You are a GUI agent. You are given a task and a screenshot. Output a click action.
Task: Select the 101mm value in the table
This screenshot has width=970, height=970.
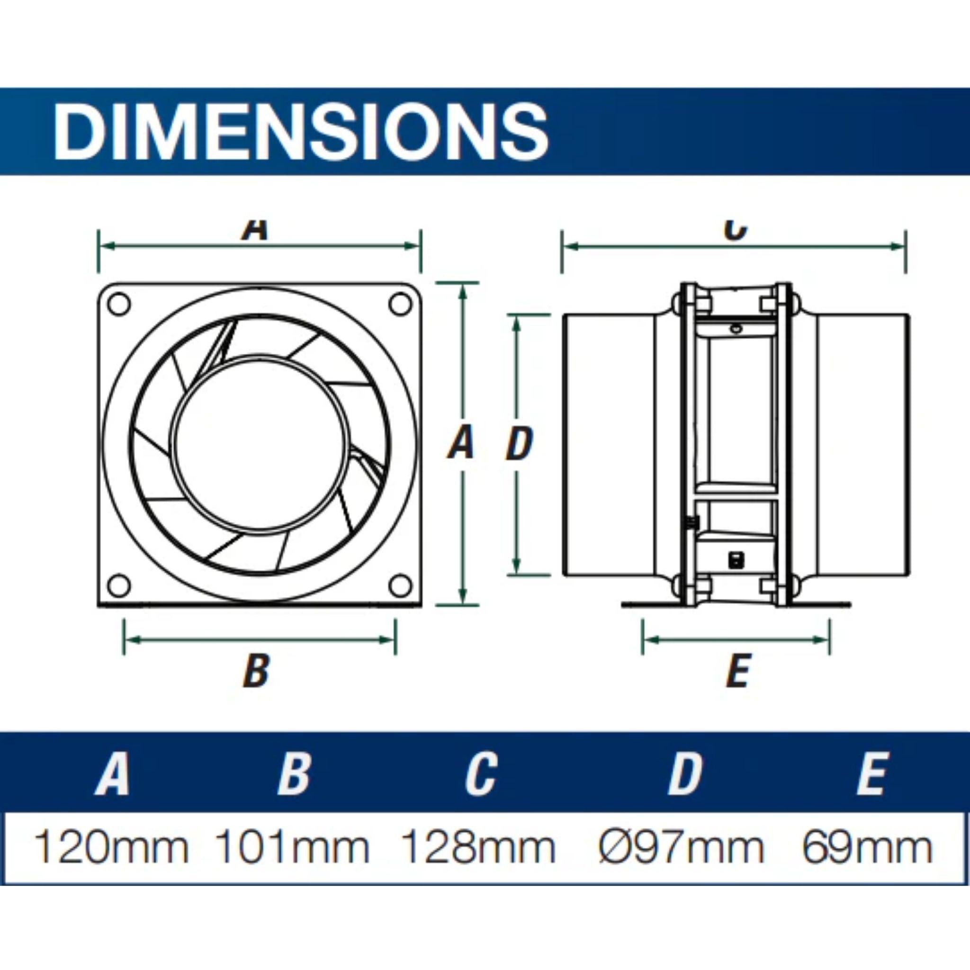292,847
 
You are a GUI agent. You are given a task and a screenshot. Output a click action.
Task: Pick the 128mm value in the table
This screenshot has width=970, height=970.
479,847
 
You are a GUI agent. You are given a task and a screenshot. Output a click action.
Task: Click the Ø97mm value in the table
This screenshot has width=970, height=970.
681,847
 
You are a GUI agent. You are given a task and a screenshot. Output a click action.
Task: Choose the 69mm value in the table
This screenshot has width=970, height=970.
867,847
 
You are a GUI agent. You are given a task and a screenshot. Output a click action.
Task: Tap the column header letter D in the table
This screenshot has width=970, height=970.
684,774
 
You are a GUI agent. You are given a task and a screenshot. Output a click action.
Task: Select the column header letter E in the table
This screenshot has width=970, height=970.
871,774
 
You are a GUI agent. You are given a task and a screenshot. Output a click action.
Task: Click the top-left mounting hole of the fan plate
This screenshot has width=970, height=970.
119,304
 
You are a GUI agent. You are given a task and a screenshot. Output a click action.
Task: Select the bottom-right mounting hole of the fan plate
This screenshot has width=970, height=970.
400,585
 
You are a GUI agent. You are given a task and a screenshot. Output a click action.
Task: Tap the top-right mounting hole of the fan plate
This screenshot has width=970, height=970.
400,304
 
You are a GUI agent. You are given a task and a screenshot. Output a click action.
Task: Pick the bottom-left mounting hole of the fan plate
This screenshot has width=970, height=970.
119,585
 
